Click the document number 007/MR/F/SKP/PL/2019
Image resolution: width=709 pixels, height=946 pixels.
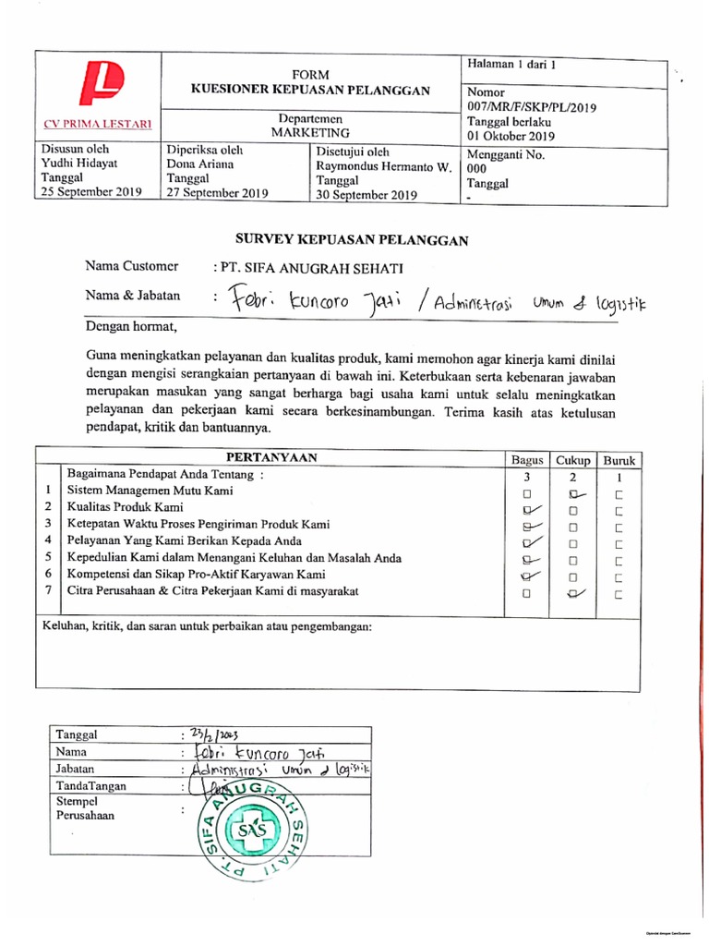click(532, 107)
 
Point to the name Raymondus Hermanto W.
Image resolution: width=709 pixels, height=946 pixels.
click(383, 166)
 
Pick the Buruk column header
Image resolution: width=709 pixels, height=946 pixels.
click(619, 460)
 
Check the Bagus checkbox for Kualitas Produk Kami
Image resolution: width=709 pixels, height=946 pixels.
click(529, 510)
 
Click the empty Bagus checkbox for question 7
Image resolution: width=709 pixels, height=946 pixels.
click(526, 594)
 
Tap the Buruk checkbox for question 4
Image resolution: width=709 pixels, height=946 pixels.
click(619, 543)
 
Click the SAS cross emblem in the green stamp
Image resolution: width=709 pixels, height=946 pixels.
click(252, 831)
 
